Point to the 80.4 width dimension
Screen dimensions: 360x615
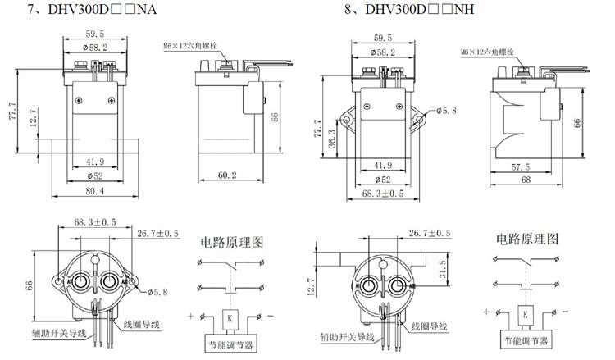[x=96, y=192]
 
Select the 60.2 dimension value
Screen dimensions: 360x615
[x=227, y=175]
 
